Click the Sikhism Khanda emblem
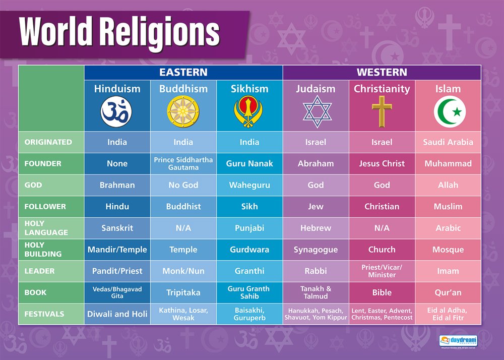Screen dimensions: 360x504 pyautogui.click(x=249, y=112)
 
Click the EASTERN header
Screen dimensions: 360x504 pyautogui.click(x=183, y=72)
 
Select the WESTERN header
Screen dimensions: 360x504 pyautogui.click(x=382, y=72)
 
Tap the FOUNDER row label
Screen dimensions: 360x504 pyautogui.click(x=43, y=163)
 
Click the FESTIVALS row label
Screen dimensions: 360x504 pyautogui.click(x=44, y=314)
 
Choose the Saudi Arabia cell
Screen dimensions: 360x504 pyautogui.click(x=448, y=142)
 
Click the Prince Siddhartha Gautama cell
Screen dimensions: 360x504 pyautogui.click(x=183, y=163)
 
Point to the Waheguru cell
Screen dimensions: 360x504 pyautogui.click(x=249, y=185)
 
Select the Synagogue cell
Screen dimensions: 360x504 pyautogui.click(x=316, y=250)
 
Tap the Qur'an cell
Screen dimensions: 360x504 pyautogui.click(x=448, y=292)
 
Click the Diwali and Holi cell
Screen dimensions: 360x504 pyautogui.click(x=117, y=314)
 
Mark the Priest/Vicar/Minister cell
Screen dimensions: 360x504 pyautogui.click(x=382, y=271)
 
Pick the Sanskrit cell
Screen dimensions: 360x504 pyautogui.click(x=117, y=228)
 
